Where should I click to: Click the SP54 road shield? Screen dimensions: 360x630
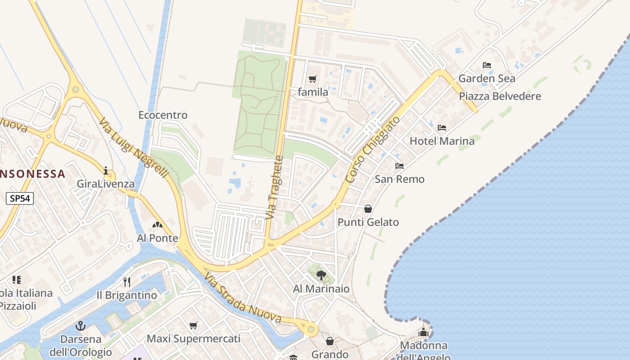pos(20,198)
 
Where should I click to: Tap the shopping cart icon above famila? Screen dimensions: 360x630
pos(313,79)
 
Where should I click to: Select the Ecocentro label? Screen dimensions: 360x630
pos(162,115)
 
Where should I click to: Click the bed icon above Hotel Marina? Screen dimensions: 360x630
pos(442,128)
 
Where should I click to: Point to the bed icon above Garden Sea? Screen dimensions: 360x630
pos(486,65)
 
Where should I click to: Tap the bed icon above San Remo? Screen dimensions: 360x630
pos(400,166)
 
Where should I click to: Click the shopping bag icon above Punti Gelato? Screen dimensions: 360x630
pos(368,209)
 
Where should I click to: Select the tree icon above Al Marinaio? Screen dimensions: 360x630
pos(321,275)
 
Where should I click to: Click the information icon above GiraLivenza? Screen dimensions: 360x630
pos(106,171)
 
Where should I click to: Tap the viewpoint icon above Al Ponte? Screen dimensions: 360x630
pos(157,225)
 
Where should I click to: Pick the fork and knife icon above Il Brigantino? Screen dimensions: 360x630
pos(127,282)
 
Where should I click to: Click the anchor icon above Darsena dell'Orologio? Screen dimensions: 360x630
pos(81,325)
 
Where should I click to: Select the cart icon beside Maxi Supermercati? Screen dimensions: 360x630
pos(193,325)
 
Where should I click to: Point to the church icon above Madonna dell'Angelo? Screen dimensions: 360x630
pos(423,333)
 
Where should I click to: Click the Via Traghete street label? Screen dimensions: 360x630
pos(275,188)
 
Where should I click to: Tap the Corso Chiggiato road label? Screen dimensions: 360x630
pos(373,150)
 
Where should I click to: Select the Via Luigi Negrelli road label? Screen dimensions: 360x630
pos(134,148)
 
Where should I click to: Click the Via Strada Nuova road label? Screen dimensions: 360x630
pos(243,298)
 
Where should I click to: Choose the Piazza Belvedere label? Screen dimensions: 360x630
pos(499,96)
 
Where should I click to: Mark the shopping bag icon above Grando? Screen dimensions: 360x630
pos(330,341)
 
